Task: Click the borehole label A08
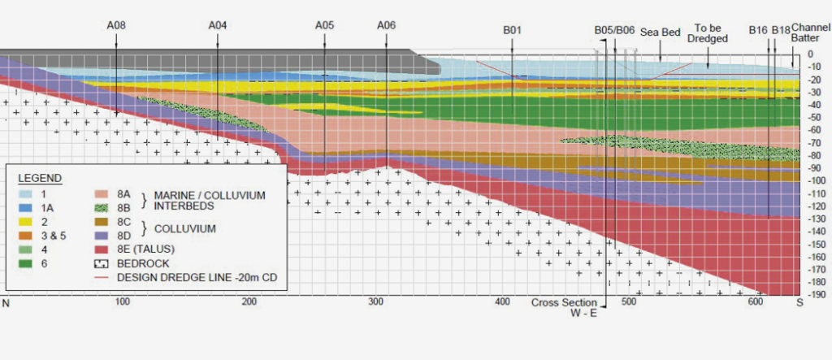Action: pos(116,26)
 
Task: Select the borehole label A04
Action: pos(217,26)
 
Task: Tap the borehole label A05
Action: pos(324,26)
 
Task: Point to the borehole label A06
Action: pos(386,26)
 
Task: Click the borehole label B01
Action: pos(512,30)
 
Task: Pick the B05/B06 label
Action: pos(613,30)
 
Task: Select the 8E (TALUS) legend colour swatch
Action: pos(100,249)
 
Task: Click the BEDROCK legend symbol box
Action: pos(100,263)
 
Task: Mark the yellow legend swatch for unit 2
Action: pos(24,222)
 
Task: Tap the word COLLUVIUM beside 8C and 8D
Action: pos(188,229)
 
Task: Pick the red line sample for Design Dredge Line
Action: pos(100,278)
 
